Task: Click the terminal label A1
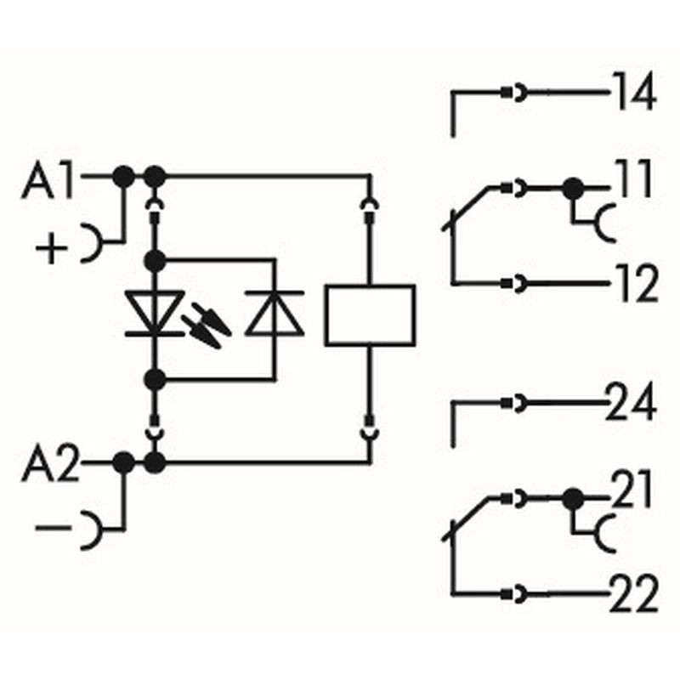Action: tap(48, 182)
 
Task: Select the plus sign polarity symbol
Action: tap(52, 248)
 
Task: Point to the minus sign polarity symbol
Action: tap(53, 527)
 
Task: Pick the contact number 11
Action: tap(632, 178)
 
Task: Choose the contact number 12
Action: tap(636, 283)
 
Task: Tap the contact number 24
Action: tap(630, 402)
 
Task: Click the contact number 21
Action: tap(631, 490)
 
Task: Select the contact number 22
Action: tap(633, 594)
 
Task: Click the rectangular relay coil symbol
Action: tap(370, 315)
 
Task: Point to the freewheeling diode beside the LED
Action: tap(274, 313)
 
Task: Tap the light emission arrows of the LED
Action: tap(206, 326)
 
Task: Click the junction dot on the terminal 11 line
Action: tap(573, 189)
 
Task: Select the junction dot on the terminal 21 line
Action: tap(573, 500)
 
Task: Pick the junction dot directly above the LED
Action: tap(155, 261)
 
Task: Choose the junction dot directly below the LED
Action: tap(155, 380)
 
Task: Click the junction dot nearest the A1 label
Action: tap(123, 177)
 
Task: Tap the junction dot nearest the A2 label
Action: tap(123, 462)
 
